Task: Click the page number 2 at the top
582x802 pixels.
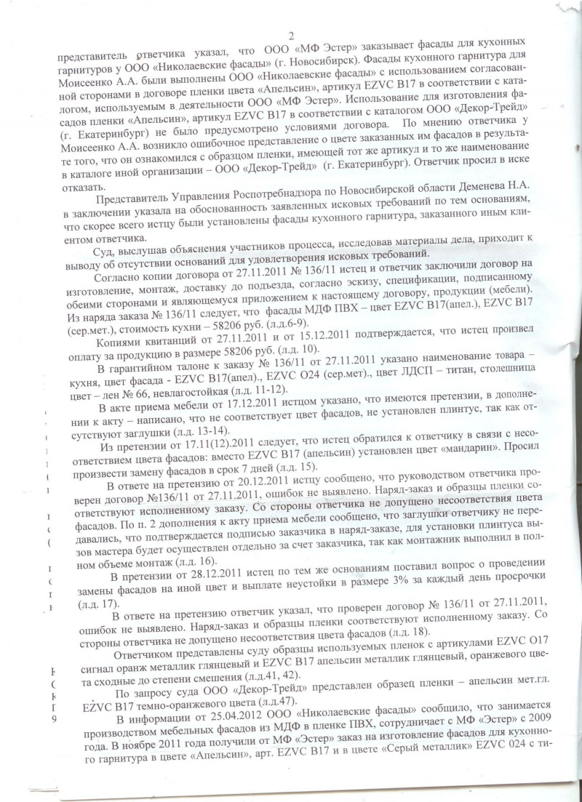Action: pyautogui.click(x=291, y=36)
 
